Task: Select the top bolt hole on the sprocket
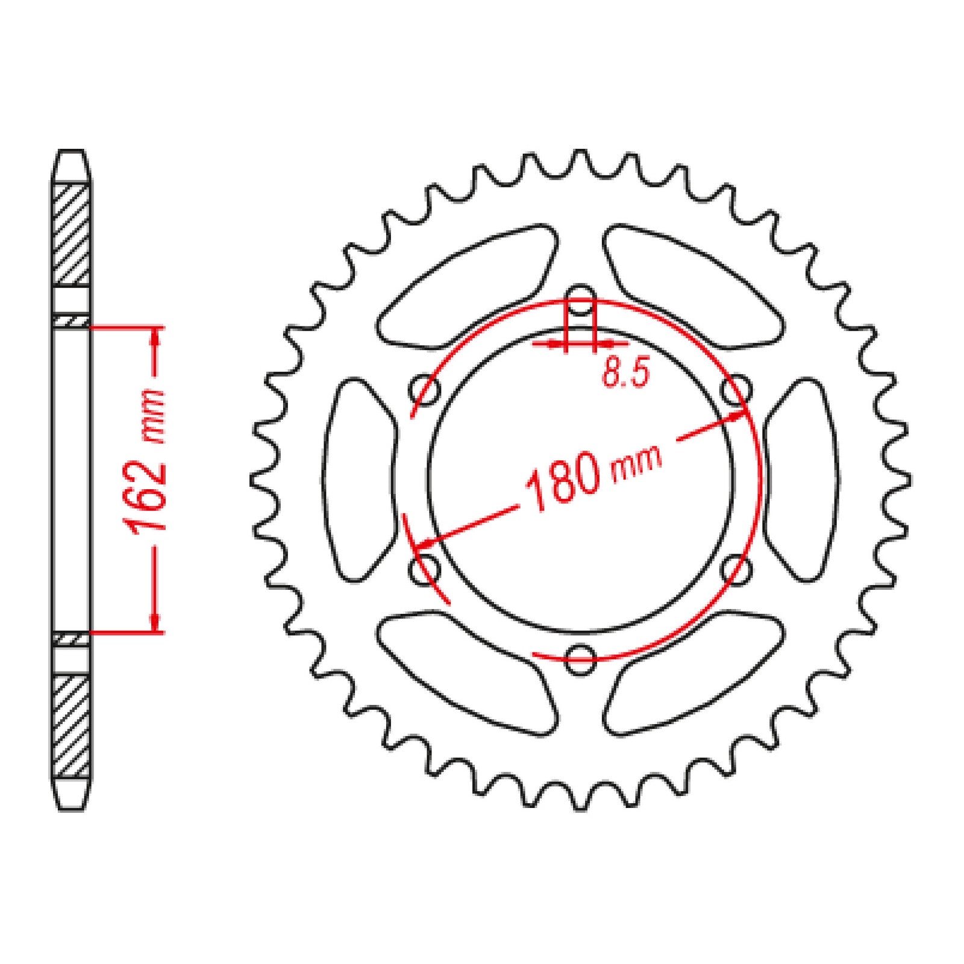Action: pyautogui.click(x=580, y=299)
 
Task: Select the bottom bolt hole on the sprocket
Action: pyautogui.click(x=580, y=659)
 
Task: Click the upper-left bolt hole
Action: pyautogui.click(x=425, y=390)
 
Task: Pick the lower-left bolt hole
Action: pyautogui.click(x=425, y=569)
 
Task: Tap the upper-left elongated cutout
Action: pyautogui.click(x=467, y=288)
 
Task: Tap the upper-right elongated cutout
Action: pyautogui.click(x=693, y=288)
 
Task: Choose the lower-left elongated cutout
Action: pyautogui.click(x=467, y=672)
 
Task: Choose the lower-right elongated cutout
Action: pyautogui.click(x=693, y=672)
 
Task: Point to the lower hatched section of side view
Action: pyautogui.click(x=72, y=726)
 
